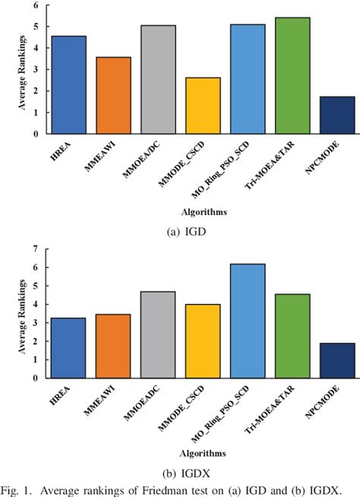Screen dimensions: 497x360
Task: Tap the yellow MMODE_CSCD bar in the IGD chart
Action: click(x=203, y=106)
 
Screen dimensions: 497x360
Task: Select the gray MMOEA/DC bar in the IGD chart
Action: click(x=158, y=80)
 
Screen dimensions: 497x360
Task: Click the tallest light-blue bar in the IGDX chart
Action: click(x=247, y=321)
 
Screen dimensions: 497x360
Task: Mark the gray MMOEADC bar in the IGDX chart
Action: click(x=158, y=334)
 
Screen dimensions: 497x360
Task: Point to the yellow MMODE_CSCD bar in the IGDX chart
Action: click(x=203, y=341)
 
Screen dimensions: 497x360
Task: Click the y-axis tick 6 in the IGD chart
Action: click(x=36, y=5)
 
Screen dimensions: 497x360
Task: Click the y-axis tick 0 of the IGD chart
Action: click(x=36, y=135)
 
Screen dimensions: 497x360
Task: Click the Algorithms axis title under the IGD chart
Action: click(x=202, y=211)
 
